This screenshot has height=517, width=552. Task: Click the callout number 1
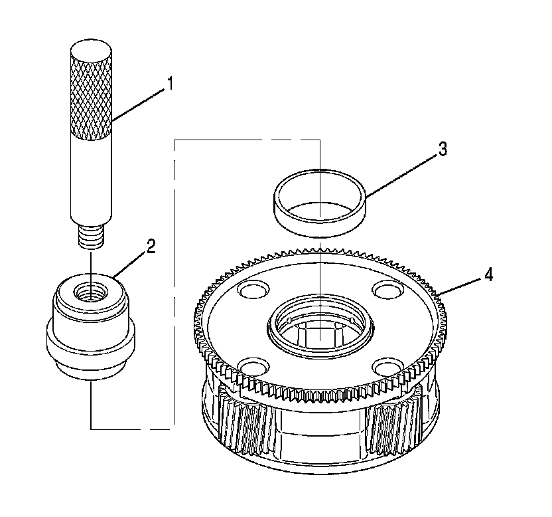pyautogui.click(x=171, y=84)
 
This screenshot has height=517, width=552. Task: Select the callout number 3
pyautogui.click(x=442, y=149)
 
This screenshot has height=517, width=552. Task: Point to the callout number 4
pyautogui.click(x=488, y=274)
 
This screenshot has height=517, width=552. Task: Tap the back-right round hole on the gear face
pyautogui.click(x=385, y=289)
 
